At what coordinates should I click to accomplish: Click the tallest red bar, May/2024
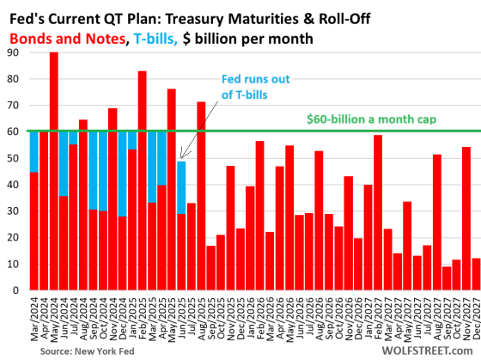[x=53, y=172]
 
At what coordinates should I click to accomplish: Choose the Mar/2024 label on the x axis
[x=34, y=316]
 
